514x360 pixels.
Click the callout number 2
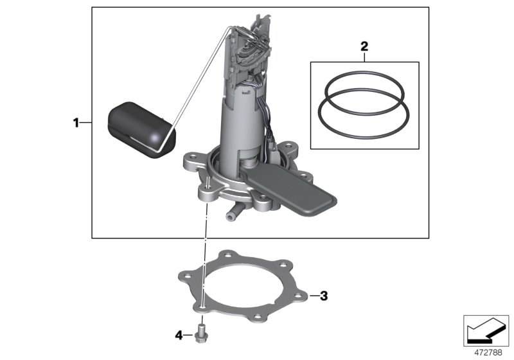[x=364, y=46]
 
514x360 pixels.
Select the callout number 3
[x=324, y=296]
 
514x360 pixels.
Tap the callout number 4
[x=179, y=335]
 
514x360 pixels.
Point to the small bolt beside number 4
[x=202, y=333]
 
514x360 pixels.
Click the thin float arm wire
[x=199, y=84]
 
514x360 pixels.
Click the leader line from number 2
[x=364, y=57]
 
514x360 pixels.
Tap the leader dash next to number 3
[x=314, y=296]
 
